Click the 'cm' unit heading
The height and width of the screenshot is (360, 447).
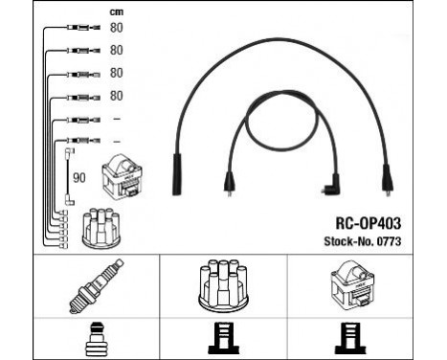pos(118,11)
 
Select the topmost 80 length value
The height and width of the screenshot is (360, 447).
pos(116,27)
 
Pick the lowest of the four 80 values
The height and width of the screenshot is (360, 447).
pos(116,96)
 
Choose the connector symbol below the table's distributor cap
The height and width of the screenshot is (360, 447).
pos(222,338)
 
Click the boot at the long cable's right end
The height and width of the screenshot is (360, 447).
pos(386,178)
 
